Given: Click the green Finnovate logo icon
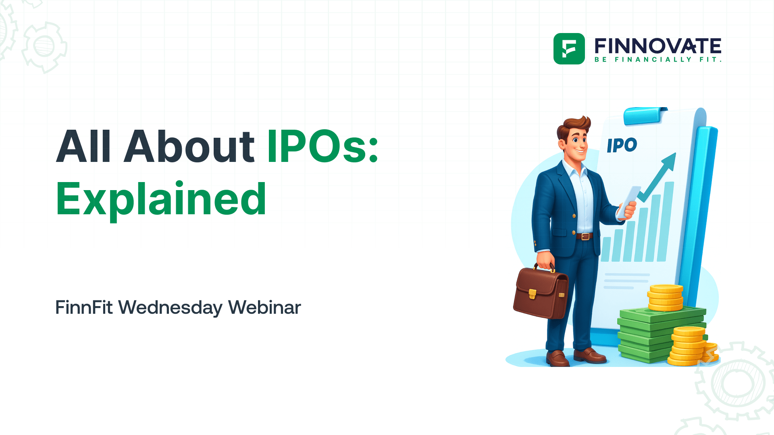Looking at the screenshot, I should point(569,49).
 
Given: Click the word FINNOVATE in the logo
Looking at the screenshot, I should point(657,46).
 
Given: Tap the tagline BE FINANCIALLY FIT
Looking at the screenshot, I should point(657,60).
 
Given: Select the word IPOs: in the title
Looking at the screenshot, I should point(322,147).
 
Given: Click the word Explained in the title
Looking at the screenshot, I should point(161,199).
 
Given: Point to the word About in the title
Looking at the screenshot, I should point(189,147).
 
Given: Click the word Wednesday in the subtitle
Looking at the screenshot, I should point(170,308).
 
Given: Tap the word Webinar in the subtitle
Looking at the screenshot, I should point(264,308).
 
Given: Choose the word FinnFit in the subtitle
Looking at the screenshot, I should point(84,308).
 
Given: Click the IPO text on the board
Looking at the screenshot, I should point(622,145).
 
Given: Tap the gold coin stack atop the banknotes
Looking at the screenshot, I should point(665,297).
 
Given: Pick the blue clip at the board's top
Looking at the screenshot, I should point(644,115).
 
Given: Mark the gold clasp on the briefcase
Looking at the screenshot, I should point(532,294).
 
